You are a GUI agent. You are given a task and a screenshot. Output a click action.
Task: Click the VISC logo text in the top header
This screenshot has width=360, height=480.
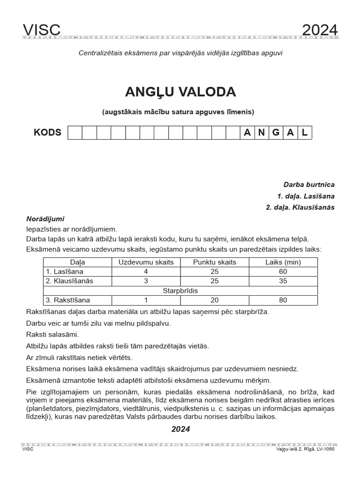point(42,30)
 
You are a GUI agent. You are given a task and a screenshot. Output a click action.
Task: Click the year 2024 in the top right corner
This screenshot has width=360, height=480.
point(320,30)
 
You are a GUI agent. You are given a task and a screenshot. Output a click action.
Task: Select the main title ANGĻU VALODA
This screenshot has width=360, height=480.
point(180,92)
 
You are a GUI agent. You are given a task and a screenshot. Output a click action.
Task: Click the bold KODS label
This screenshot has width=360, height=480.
point(47,132)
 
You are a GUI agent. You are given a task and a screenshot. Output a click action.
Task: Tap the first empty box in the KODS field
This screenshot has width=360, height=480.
point(75,133)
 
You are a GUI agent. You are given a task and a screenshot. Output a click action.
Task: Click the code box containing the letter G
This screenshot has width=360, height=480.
point(276,133)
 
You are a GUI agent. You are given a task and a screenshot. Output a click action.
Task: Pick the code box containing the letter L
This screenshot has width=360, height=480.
point(305,133)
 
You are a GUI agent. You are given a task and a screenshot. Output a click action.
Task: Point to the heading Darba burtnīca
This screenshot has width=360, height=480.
point(309,185)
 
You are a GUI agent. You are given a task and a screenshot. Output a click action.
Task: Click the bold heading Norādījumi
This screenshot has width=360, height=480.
point(45,219)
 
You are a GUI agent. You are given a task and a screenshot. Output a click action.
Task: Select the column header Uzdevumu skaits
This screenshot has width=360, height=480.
point(146,262)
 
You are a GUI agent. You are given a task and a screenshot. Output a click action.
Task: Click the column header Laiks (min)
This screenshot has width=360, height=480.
point(283,262)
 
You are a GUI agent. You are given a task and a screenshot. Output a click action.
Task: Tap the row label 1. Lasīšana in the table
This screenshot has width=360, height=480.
point(62,271)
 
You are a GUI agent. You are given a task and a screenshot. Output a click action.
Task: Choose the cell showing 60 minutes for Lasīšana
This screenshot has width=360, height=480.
point(283,271)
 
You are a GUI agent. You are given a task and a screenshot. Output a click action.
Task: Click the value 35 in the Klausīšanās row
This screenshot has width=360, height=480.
point(283,281)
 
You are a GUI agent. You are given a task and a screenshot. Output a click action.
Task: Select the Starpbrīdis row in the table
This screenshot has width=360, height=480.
point(180,291)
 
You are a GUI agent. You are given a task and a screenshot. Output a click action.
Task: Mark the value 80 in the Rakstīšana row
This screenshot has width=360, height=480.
point(283,300)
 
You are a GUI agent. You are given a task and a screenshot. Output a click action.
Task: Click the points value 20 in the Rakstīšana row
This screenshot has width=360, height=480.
point(215,300)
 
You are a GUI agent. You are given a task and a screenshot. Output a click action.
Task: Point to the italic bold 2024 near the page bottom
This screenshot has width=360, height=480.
point(180,429)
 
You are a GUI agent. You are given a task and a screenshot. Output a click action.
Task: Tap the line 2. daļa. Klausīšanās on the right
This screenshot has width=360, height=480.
point(300,208)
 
